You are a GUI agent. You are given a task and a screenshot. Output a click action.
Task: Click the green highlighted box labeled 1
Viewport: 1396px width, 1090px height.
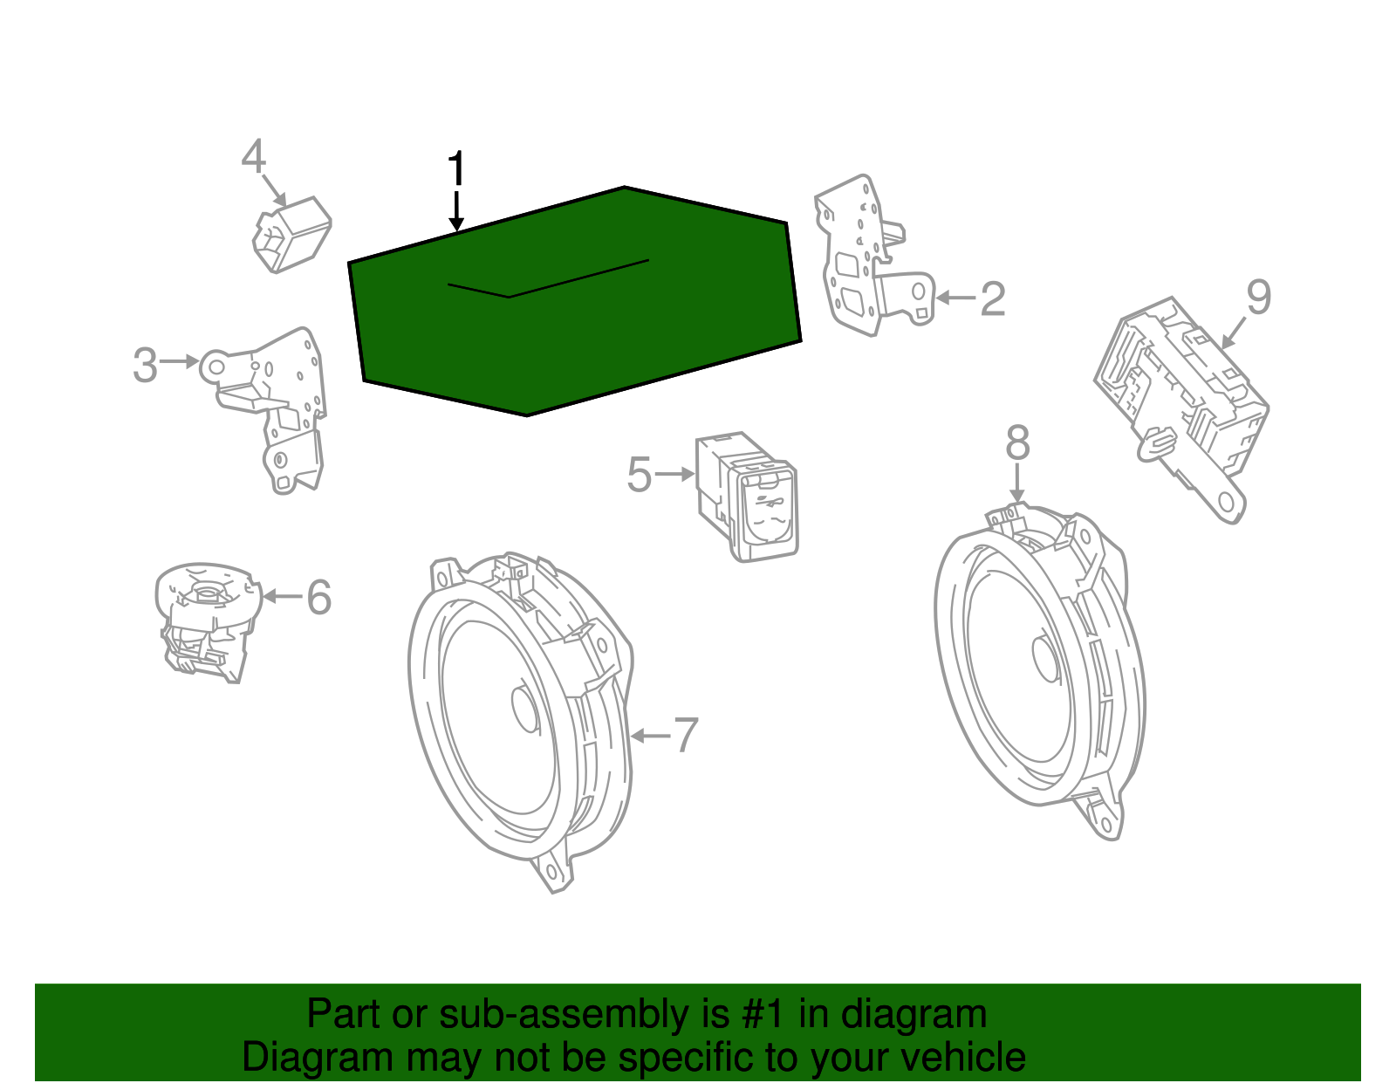(575, 302)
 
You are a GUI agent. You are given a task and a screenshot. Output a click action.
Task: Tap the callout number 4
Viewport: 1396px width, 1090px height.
(254, 156)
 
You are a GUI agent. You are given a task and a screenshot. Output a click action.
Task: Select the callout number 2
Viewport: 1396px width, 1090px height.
(993, 298)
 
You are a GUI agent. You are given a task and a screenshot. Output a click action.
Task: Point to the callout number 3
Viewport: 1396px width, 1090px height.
(145, 365)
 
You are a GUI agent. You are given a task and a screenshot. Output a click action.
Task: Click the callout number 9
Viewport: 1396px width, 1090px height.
(1258, 298)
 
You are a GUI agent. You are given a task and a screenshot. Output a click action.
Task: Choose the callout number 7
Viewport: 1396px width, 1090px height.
(686, 736)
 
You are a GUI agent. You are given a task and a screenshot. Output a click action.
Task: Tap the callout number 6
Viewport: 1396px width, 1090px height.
(319, 597)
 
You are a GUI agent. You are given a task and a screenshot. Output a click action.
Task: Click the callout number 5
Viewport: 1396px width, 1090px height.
(640, 475)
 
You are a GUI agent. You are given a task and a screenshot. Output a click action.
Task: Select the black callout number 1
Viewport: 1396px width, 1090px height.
(456, 169)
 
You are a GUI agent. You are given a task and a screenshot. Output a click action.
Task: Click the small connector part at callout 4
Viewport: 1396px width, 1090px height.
(291, 235)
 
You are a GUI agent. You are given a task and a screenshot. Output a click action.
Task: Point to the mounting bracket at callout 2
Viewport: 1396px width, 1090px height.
(873, 256)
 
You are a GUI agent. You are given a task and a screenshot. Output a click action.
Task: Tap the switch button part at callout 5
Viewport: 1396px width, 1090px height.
(747, 497)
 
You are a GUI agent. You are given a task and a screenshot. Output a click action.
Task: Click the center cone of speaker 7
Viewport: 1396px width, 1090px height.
(525, 709)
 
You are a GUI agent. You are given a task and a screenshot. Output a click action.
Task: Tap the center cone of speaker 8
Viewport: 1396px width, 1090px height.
(1046, 658)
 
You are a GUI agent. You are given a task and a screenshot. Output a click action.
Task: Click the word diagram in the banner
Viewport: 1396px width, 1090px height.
(914, 1014)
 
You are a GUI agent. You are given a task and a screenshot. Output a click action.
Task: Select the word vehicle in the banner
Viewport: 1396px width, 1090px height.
(963, 1057)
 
